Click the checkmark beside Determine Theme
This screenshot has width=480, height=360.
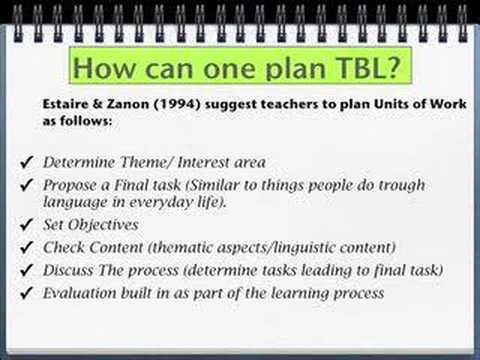point(26,161)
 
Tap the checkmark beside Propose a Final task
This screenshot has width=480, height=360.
point(26,185)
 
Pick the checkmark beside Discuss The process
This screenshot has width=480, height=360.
point(26,270)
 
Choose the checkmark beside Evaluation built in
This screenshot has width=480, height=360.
point(26,293)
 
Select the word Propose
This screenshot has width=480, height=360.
point(69,185)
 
